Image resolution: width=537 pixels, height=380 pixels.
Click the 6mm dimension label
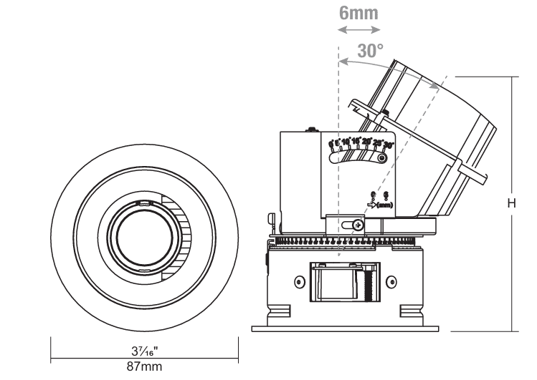[x=358, y=12]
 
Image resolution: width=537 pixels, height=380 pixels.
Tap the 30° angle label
[x=370, y=51]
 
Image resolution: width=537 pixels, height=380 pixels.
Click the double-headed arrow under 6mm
[x=359, y=30]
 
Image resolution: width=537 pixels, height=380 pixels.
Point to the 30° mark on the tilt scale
[x=389, y=145]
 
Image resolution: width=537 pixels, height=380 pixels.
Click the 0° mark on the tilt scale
[x=331, y=145]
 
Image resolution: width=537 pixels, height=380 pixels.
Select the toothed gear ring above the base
[x=344, y=241]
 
